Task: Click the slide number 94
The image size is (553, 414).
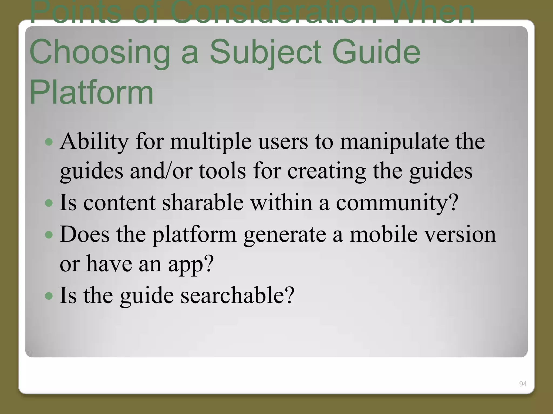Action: point(523,384)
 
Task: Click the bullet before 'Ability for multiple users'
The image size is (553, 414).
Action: point(49,142)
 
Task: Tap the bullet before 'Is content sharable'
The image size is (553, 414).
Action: point(49,203)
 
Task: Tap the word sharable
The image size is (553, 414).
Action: point(203,203)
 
